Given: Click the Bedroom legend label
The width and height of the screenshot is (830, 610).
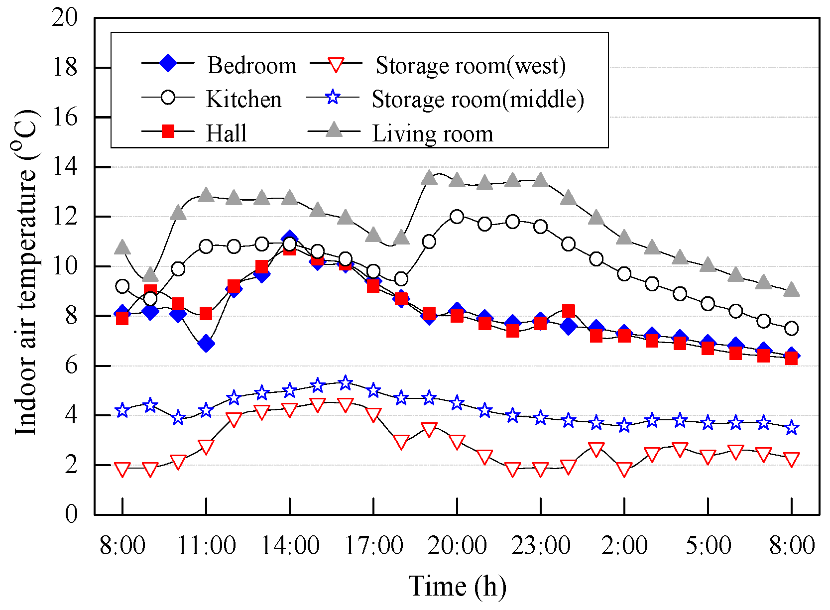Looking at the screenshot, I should (251, 65).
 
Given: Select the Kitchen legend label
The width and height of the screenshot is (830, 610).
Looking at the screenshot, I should (243, 99).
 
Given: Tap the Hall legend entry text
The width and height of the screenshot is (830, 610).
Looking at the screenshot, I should (226, 133).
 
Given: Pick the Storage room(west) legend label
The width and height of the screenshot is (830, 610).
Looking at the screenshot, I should (470, 65).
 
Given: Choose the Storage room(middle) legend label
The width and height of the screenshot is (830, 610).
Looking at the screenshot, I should (477, 99).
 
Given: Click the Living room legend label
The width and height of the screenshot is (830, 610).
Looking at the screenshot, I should (432, 133).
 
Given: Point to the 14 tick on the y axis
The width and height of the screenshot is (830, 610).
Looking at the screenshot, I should (65, 167).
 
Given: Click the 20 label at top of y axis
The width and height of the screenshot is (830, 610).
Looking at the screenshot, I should (65, 18).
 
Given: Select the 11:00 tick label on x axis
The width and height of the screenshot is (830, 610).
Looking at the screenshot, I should (206, 545).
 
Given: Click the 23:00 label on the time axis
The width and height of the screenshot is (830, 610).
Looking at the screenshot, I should (541, 545).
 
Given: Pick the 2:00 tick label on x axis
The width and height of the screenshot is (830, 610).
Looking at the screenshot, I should (624, 545).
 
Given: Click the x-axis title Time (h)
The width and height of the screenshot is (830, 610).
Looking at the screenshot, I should (457, 586).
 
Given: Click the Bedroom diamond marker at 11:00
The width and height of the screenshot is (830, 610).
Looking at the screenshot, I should (206, 344).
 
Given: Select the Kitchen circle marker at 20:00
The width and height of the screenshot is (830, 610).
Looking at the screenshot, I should (457, 217).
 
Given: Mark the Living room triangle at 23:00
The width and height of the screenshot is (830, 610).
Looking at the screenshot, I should (541, 180).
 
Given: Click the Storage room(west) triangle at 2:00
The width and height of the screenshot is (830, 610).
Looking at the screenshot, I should (624, 469).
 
